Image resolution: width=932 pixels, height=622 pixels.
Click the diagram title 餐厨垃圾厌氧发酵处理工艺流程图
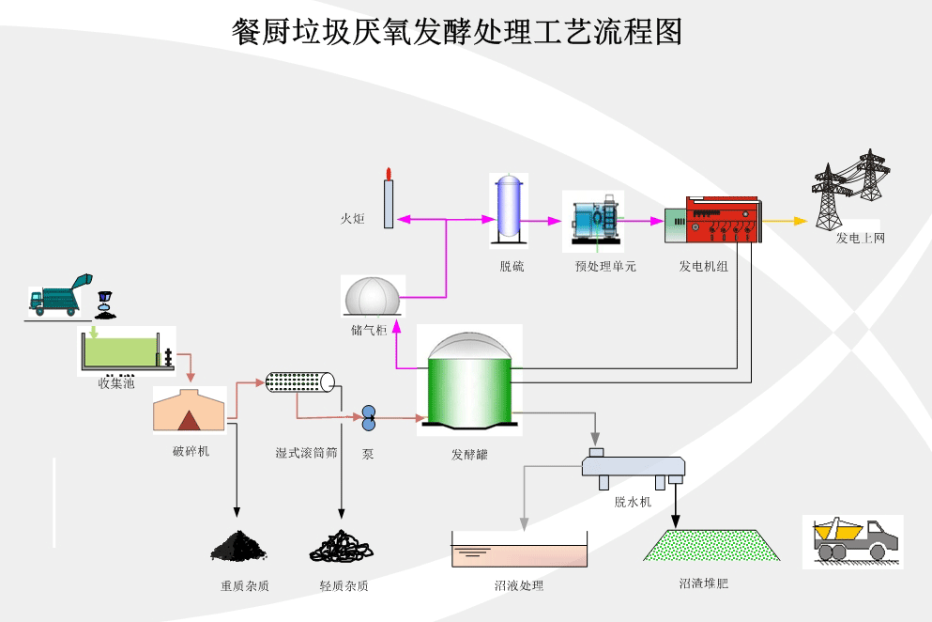(456, 31)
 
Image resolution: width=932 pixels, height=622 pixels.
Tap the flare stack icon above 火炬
(388, 199)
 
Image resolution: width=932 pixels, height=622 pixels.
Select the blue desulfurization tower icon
(509, 206)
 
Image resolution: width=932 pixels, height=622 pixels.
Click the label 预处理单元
(605, 267)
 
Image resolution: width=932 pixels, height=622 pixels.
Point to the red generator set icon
(722, 221)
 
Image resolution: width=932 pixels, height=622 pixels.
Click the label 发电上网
(861, 239)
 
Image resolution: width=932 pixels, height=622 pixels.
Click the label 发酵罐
(469, 455)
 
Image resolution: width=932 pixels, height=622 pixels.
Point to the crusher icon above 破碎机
(190, 411)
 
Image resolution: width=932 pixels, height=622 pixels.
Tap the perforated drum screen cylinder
(299, 381)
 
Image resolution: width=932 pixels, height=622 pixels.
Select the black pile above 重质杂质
(238, 545)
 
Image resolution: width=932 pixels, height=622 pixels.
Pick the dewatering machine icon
(634, 467)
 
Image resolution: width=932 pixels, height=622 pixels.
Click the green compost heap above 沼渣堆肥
(712, 545)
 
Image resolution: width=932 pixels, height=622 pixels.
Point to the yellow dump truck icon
(852, 540)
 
